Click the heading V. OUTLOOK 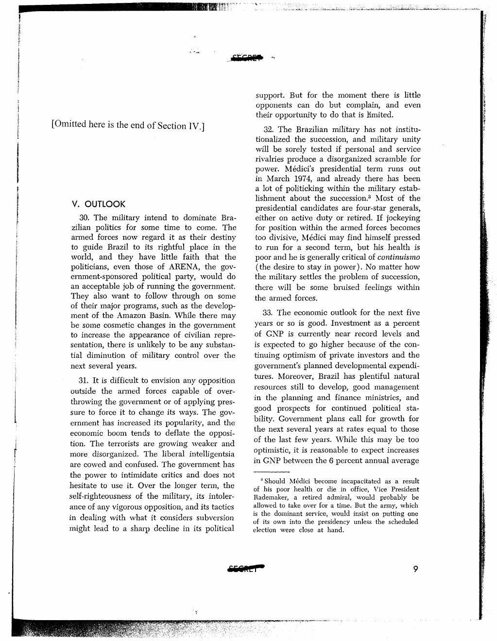click(98, 204)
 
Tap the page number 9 click(415, 570)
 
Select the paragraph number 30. click(86, 218)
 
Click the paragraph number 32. click(270, 130)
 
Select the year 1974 click(300, 179)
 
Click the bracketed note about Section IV click(127, 125)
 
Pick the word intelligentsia click(208, 455)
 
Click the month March click(279, 179)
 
